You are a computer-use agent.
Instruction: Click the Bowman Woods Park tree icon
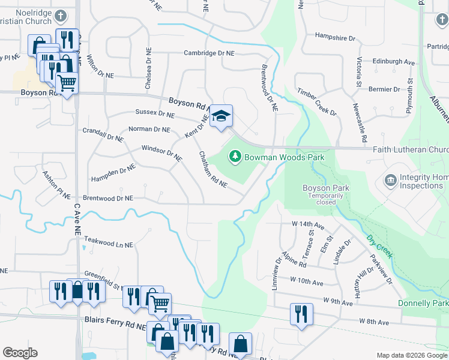tap(235, 157)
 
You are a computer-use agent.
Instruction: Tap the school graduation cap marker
tap(221, 116)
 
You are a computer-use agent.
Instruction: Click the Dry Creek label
tap(379, 246)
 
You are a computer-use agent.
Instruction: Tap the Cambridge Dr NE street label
tap(208, 53)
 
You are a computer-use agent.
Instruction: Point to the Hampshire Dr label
tap(335, 37)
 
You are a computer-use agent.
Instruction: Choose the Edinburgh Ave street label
tap(394, 62)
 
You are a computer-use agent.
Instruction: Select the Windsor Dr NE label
tap(161, 154)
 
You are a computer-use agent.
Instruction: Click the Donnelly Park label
tap(423, 304)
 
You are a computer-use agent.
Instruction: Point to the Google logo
tap(20, 353)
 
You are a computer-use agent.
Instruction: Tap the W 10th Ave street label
tap(306, 280)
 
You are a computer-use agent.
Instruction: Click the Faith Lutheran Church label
tap(411, 150)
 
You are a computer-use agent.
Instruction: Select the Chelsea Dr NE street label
tap(148, 70)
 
